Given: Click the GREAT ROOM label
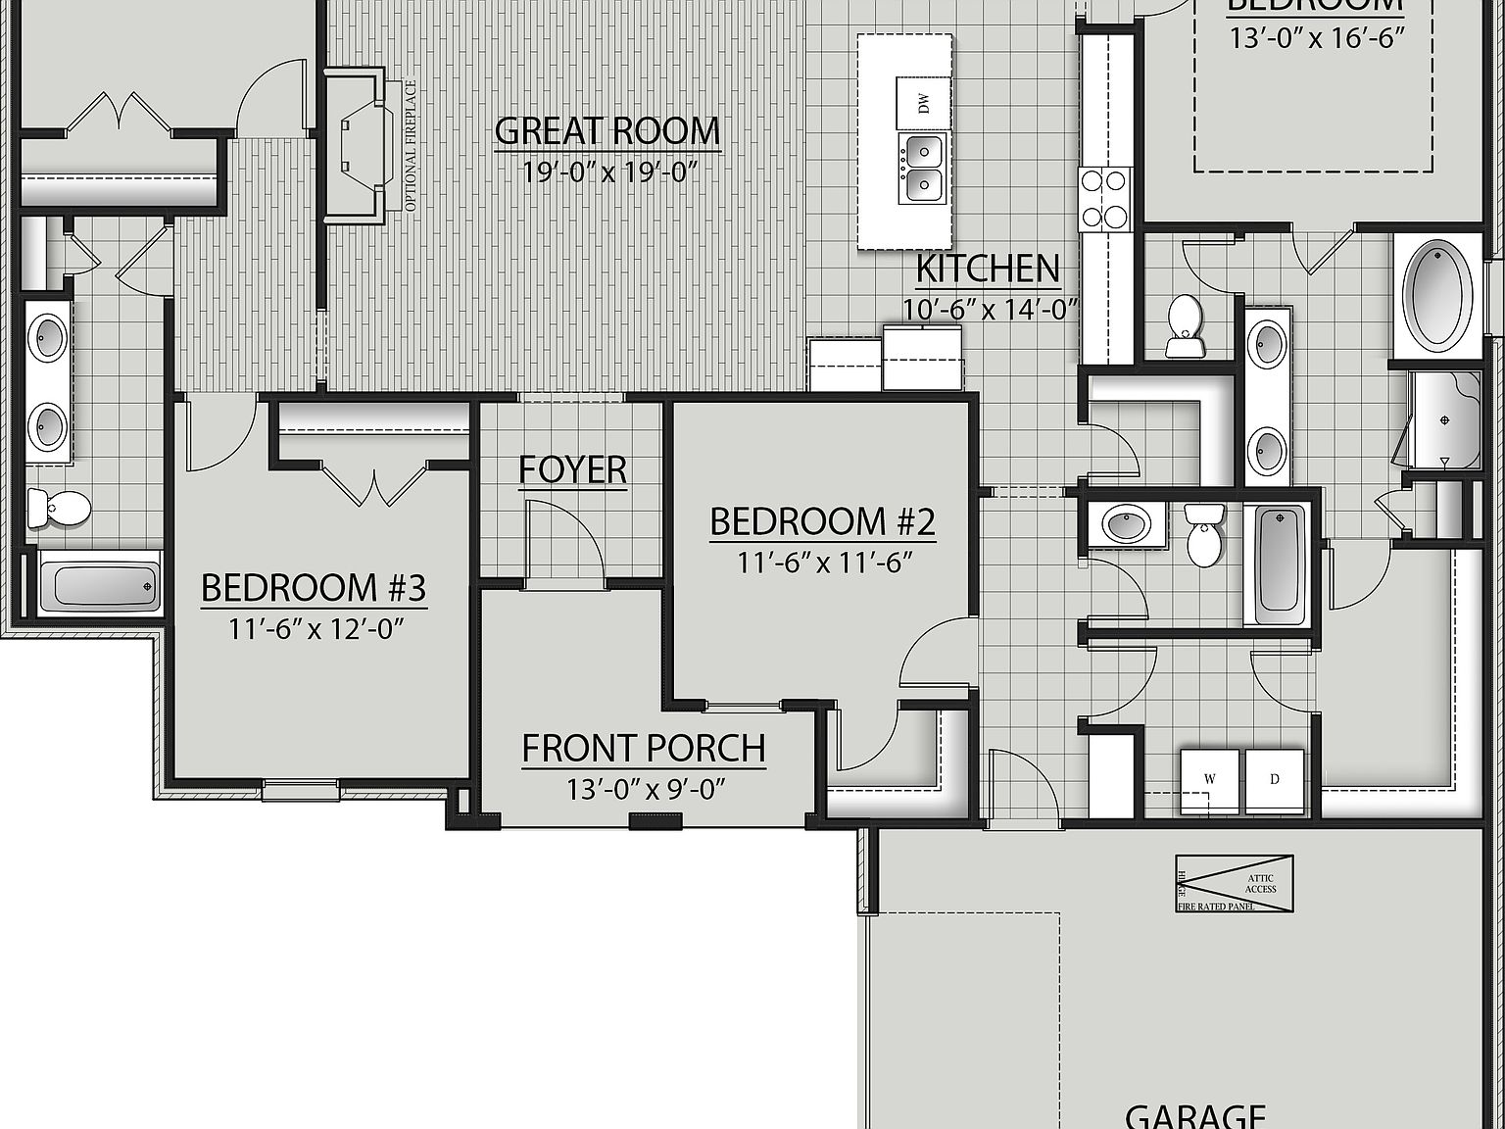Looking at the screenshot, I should (x=607, y=131).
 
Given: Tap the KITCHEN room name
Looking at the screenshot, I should (x=988, y=269).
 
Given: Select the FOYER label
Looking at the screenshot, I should (x=573, y=469).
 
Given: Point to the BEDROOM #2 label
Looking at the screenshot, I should (x=822, y=521).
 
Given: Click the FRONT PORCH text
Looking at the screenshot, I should (x=643, y=749).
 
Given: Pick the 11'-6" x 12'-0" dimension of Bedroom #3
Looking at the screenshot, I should (x=316, y=627).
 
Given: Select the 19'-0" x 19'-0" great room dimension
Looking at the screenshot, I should (x=608, y=172).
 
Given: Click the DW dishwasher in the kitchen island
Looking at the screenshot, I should (x=922, y=102).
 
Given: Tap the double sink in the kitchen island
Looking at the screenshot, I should (x=923, y=167).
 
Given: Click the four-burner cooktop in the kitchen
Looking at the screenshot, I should (x=1105, y=199).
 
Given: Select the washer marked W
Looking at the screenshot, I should (x=1210, y=780).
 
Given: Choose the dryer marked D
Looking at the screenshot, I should (x=1275, y=780).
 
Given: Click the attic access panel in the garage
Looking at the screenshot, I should (x=1234, y=884).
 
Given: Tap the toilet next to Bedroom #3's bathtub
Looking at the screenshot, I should (x=59, y=508).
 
